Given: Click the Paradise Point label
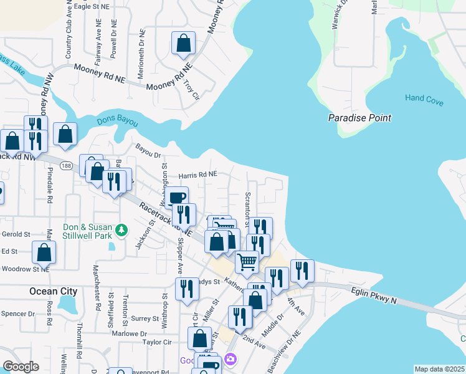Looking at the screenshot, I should pos(359,118).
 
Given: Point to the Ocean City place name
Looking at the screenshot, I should pos(53,291).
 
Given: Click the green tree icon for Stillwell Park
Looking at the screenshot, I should pos(123,230).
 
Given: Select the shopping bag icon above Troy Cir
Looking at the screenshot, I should pos(183,44).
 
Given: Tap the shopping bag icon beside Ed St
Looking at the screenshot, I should pos(44,253).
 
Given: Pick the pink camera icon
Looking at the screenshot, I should pos(231,359).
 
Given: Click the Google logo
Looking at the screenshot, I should pos(21,367).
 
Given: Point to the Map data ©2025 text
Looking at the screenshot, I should pos(439,369).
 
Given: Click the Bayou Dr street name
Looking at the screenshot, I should pos(148,151).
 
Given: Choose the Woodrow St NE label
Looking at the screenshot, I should pos(26,269).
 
